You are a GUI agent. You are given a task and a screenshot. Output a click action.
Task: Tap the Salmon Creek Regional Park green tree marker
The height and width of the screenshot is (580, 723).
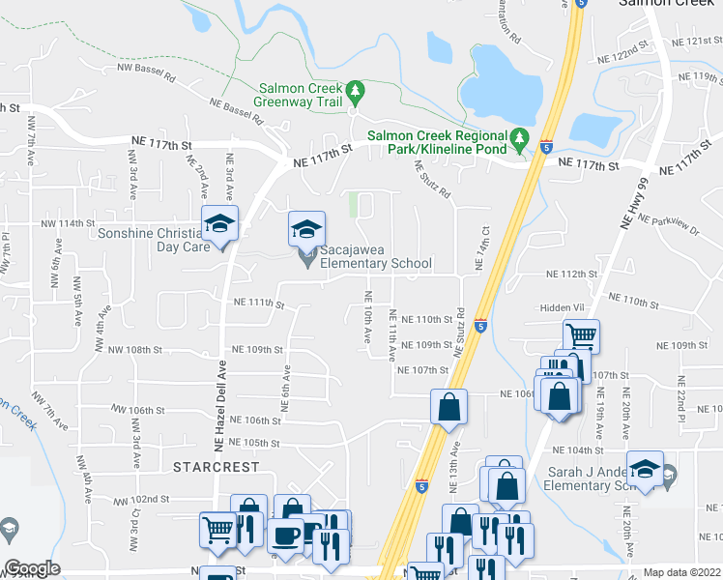519,139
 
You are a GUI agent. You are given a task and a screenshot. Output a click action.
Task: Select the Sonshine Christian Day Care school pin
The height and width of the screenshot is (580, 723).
220,228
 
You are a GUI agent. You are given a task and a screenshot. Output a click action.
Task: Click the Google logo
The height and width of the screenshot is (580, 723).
32,568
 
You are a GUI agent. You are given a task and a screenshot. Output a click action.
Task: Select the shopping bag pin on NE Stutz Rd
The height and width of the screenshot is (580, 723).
449,408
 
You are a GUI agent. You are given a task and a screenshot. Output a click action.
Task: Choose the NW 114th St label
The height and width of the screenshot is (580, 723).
66,224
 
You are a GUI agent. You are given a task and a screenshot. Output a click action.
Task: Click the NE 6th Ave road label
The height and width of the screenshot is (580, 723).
286,385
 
